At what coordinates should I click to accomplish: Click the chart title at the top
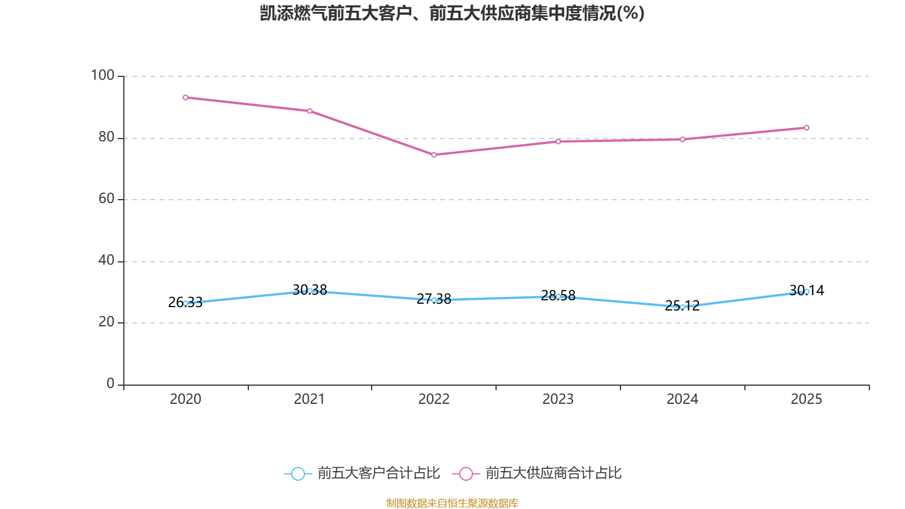[x=452, y=14]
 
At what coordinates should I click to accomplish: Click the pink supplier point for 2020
[x=186, y=97]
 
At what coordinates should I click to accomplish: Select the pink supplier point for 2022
[x=434, y=155]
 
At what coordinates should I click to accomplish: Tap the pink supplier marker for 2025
[x=807, y=128]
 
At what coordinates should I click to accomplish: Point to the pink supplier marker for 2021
[x=309, y=111]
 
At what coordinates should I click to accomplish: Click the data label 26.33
[x=185, y=302]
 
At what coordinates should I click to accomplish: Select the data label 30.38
[x=309, y=290]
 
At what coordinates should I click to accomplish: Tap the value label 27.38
[x=433, y=299]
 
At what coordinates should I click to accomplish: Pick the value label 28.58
[x=558, y=295]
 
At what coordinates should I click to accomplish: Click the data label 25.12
[x=682, y=305]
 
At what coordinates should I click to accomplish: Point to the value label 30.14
[x=807, y=290]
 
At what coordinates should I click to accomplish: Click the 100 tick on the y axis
[x=102, y=75]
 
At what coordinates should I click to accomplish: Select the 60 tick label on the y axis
[x=106, y=199]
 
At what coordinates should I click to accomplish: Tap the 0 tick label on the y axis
[x=110, y=383]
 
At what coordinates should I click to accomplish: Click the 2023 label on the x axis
[x=558, y=399]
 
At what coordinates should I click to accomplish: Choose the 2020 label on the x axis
[x=186, y=399]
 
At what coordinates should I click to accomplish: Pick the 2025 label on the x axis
[x=807, y=399]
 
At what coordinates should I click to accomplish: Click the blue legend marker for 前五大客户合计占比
[x=298, y=473]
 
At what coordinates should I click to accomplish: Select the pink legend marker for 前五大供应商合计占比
[x=466, y=473]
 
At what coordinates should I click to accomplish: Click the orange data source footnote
[x=452, y=503]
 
